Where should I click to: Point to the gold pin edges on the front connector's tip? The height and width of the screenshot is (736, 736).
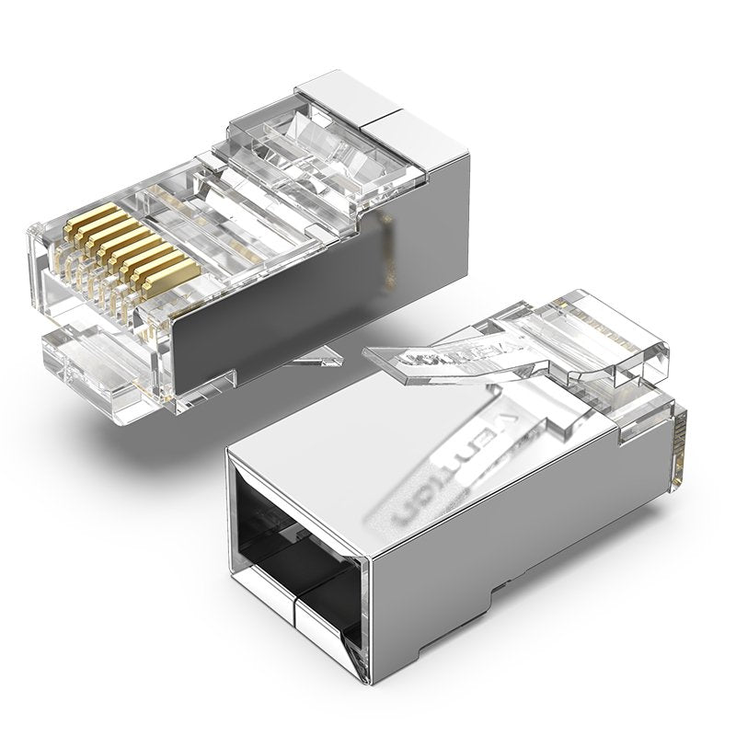tap(681, 451)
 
